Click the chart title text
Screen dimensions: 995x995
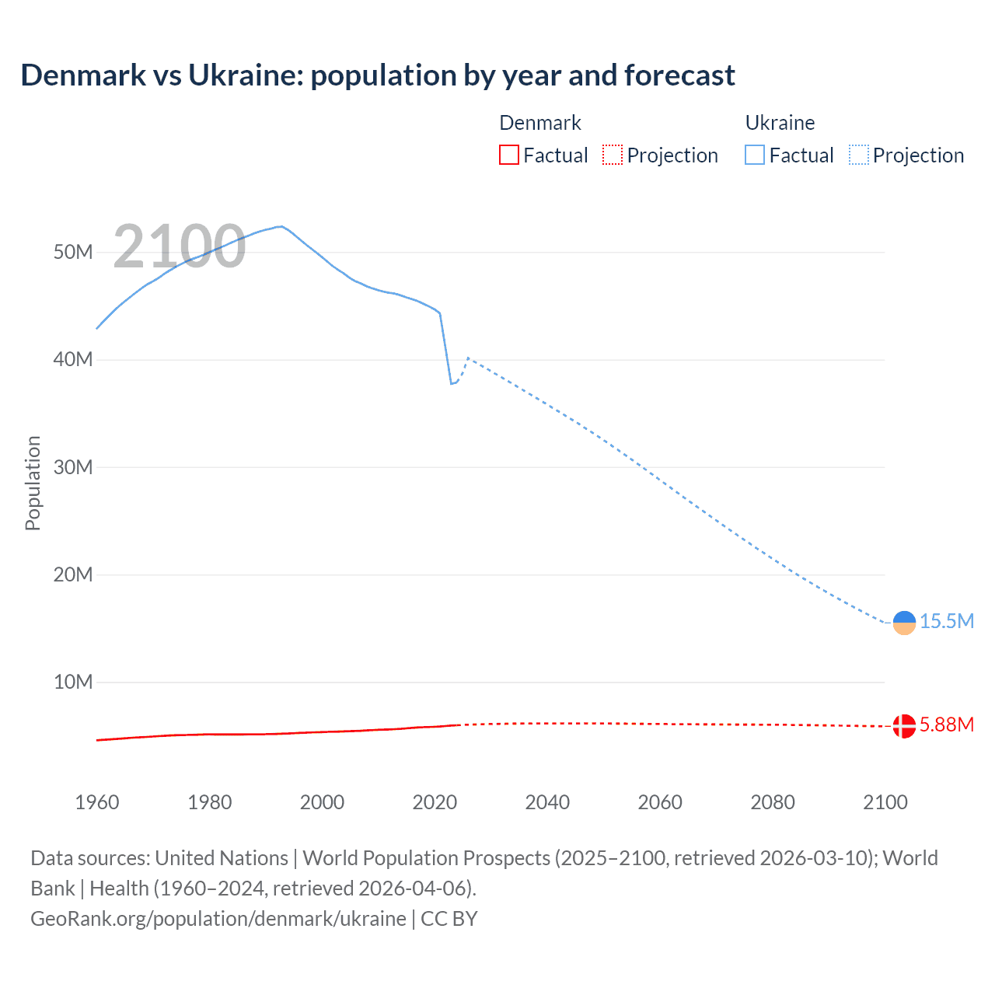(378, 75)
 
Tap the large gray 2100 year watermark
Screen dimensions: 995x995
(180, 246)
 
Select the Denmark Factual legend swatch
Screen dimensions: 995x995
(508, 155)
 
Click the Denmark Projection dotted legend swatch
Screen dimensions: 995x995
(613, 155)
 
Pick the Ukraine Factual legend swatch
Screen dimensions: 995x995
(754, 155)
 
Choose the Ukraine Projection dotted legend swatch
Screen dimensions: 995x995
(858, 155)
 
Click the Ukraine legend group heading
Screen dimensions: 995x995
(780, 123)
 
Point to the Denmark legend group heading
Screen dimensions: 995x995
(539, 123)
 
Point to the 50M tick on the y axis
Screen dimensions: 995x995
(73, 253)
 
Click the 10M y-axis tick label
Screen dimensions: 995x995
(73, 683)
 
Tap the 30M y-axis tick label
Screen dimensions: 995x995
(73, 467)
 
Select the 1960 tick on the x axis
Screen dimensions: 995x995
(97, 802)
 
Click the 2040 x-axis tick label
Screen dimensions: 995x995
(547, 802)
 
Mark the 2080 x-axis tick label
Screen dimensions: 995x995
(773, 802)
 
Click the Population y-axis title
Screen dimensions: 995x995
(33, 483)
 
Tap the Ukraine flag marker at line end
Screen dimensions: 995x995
(904, 623)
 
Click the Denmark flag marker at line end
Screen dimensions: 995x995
(904, 726)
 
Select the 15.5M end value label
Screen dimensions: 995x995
(947, 621)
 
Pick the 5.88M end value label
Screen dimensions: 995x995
(947, 724)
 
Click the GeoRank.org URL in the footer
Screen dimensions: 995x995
(218, 919)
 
